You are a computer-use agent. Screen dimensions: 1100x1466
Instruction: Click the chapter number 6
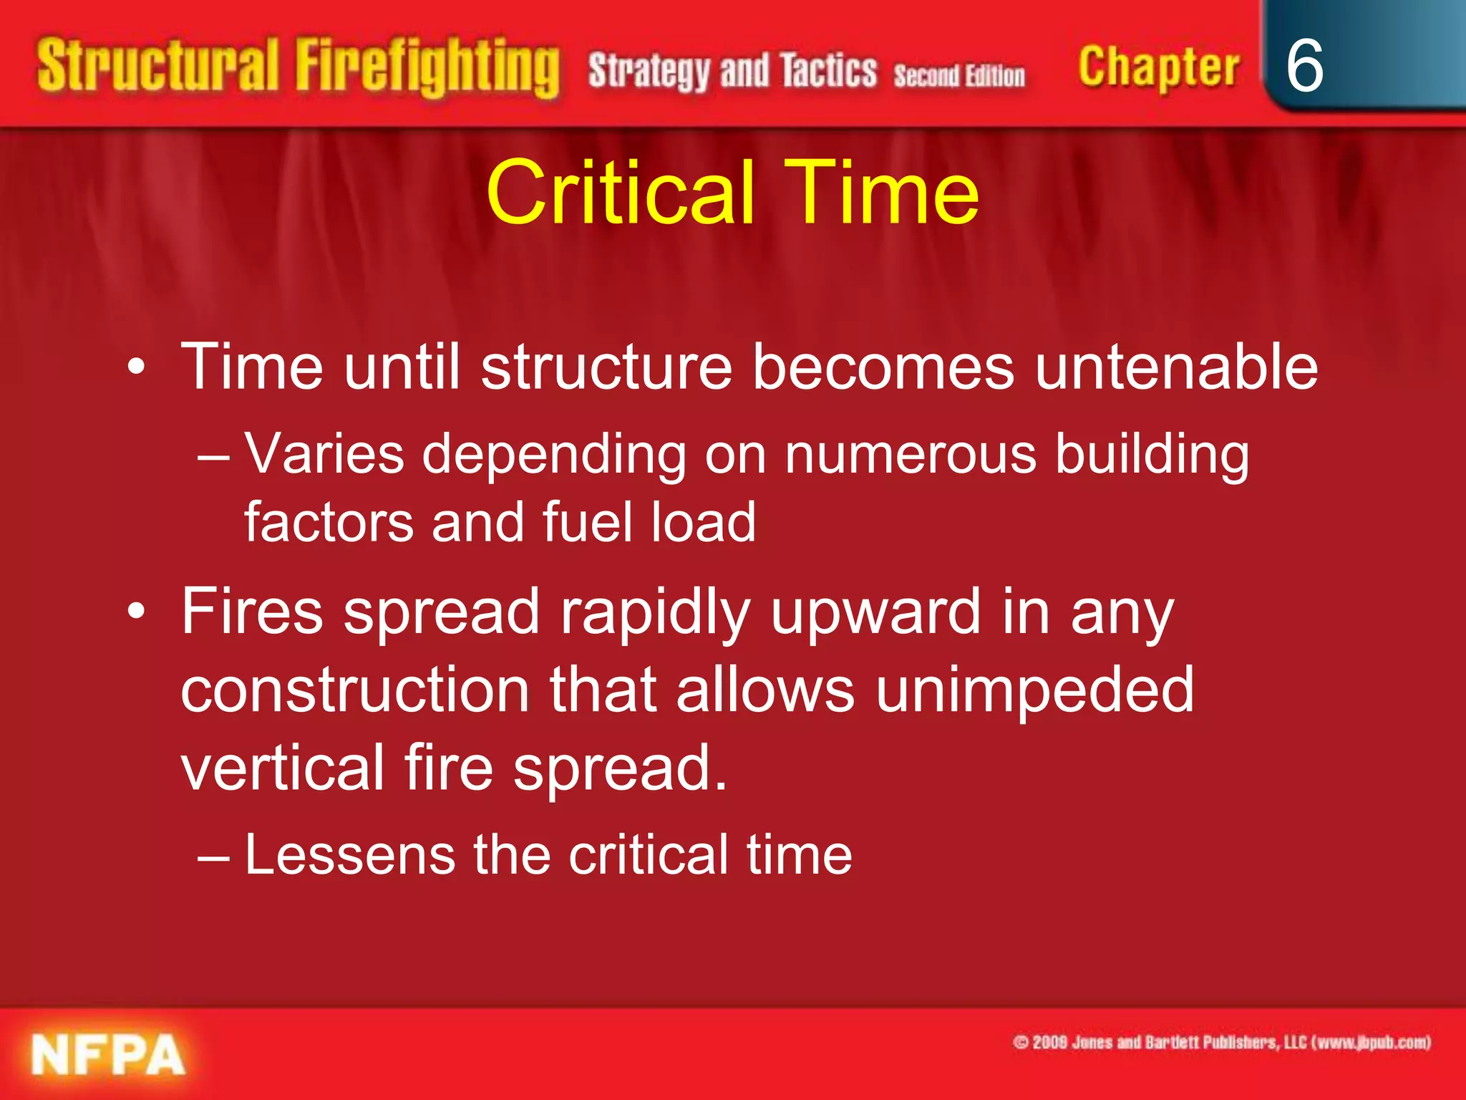point(1304,66)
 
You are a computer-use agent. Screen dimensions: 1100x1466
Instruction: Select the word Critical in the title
point(620,192)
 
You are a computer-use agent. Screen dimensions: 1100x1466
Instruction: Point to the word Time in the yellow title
point(881,192)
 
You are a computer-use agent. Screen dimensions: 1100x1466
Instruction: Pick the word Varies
point(325,454)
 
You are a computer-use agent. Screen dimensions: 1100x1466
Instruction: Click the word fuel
point(588,521)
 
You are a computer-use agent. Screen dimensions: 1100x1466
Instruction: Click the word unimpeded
point(1034,691)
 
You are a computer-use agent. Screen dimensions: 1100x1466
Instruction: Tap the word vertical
point(282,768)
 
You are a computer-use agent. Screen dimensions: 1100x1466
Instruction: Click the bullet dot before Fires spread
point(136,612)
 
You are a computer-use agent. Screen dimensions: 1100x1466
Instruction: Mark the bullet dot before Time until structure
point(136,367)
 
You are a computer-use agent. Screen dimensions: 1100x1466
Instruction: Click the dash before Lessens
point(213,856)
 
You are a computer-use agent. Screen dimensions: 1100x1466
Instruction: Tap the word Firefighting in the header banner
point(427,67)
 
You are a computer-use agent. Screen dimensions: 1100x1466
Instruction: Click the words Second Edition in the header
point(958,75)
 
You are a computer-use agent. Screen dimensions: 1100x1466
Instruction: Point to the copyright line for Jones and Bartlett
point(1221,1042)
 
